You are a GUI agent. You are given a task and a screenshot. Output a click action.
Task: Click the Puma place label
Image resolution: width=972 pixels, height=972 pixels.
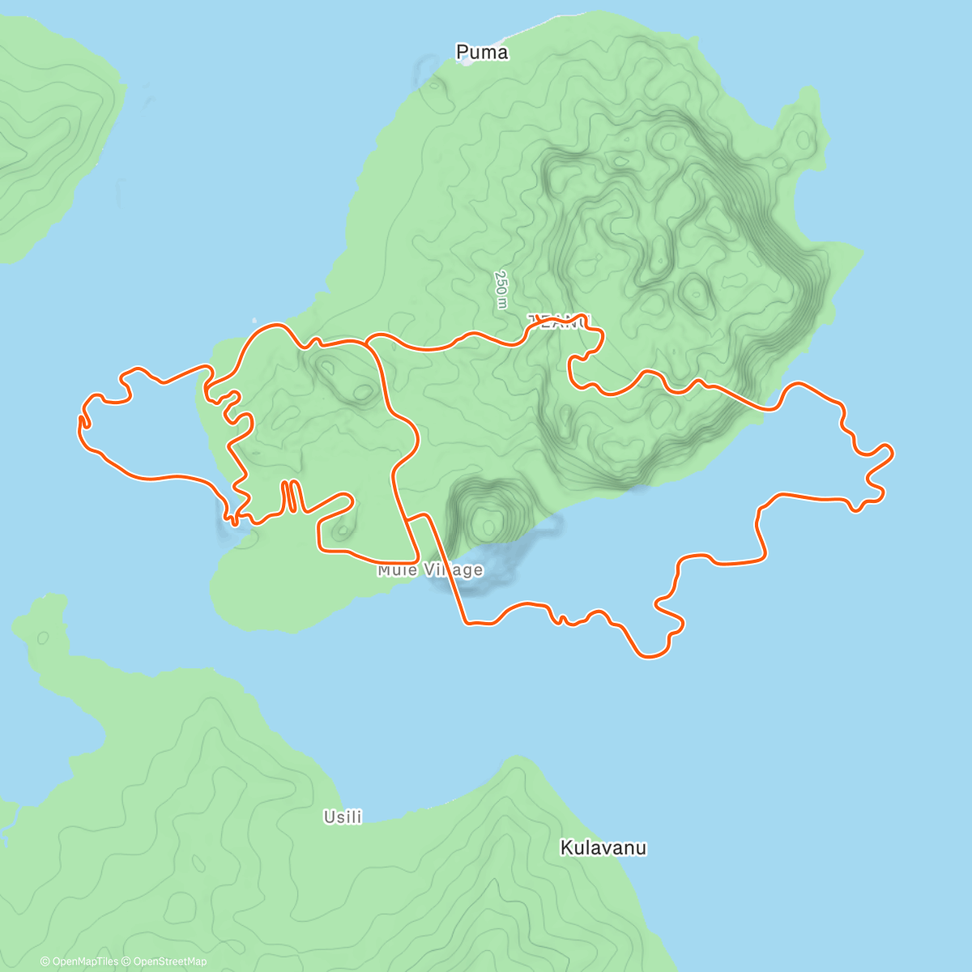[482, 53]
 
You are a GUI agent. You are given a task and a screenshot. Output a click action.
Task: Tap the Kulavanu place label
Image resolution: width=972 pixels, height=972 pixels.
[603, 848]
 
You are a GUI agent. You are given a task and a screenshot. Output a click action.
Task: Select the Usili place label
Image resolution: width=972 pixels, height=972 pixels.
[343, 817]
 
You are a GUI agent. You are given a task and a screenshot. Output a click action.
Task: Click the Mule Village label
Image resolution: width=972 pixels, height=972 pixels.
[430, 570]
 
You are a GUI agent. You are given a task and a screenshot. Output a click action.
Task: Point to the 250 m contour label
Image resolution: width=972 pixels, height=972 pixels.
[501, 289]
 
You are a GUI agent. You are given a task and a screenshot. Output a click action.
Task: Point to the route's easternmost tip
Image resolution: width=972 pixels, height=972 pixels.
[892, 452]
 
